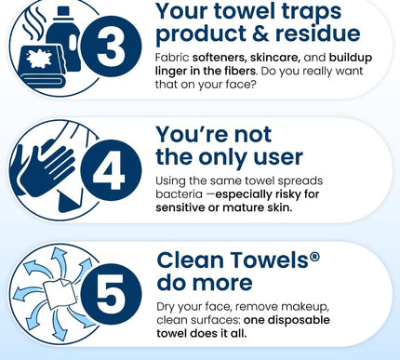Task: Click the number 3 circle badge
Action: (111, 47)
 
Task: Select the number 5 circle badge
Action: (111, 294)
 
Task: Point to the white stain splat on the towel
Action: (39, 59)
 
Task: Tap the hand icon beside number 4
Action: (47, 166)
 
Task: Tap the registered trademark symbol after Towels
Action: (314, 257)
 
